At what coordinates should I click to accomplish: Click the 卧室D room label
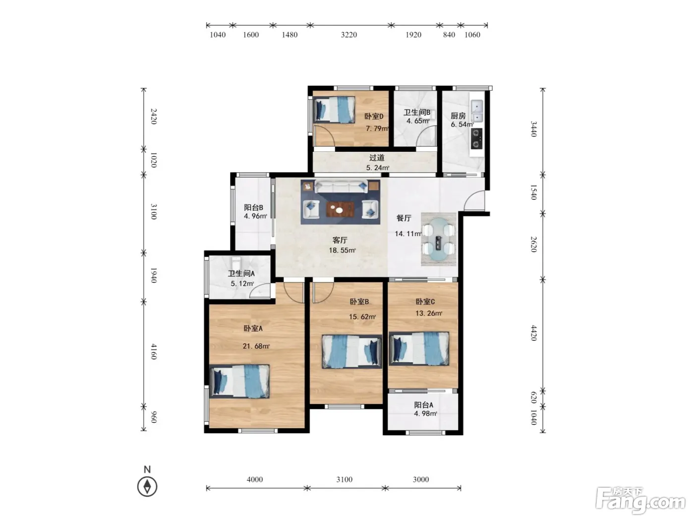pos(374,117)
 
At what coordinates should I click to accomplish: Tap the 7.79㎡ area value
pos(377,129)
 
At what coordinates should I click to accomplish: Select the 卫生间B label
pos(417,112)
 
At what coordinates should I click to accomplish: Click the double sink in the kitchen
pos(477,111)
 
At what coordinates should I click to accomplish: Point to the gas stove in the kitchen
pos(477,138)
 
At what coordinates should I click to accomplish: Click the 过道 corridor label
pos(377,157)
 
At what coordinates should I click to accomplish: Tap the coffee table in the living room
pos(340,209)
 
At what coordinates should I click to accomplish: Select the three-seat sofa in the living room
pos(341,187)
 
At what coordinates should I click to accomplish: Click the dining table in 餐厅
pos(439,239)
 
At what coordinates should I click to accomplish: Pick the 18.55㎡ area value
pos(342,250)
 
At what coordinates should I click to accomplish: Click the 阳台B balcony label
pos(254,207)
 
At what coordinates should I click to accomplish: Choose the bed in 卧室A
pos(239,381)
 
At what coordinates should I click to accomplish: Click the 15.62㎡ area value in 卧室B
pos(362,317)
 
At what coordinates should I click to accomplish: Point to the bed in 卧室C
pos(419,349)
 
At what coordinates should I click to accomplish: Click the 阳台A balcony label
pos(424,404)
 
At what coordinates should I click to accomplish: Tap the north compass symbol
pos(147,487)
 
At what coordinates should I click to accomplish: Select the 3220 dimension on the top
pos(349,35)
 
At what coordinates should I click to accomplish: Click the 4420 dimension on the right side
pos(533,333)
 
